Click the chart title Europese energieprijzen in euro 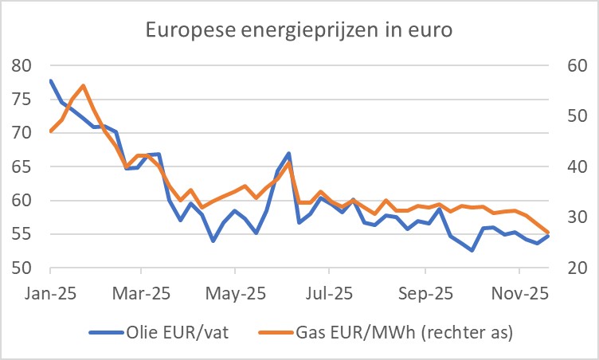(x=299, y=32)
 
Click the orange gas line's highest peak (x=84, y=85)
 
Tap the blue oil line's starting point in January (x=51, y=80)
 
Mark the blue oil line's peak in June (x=288, y=153)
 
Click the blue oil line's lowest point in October (x=472, y=250)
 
